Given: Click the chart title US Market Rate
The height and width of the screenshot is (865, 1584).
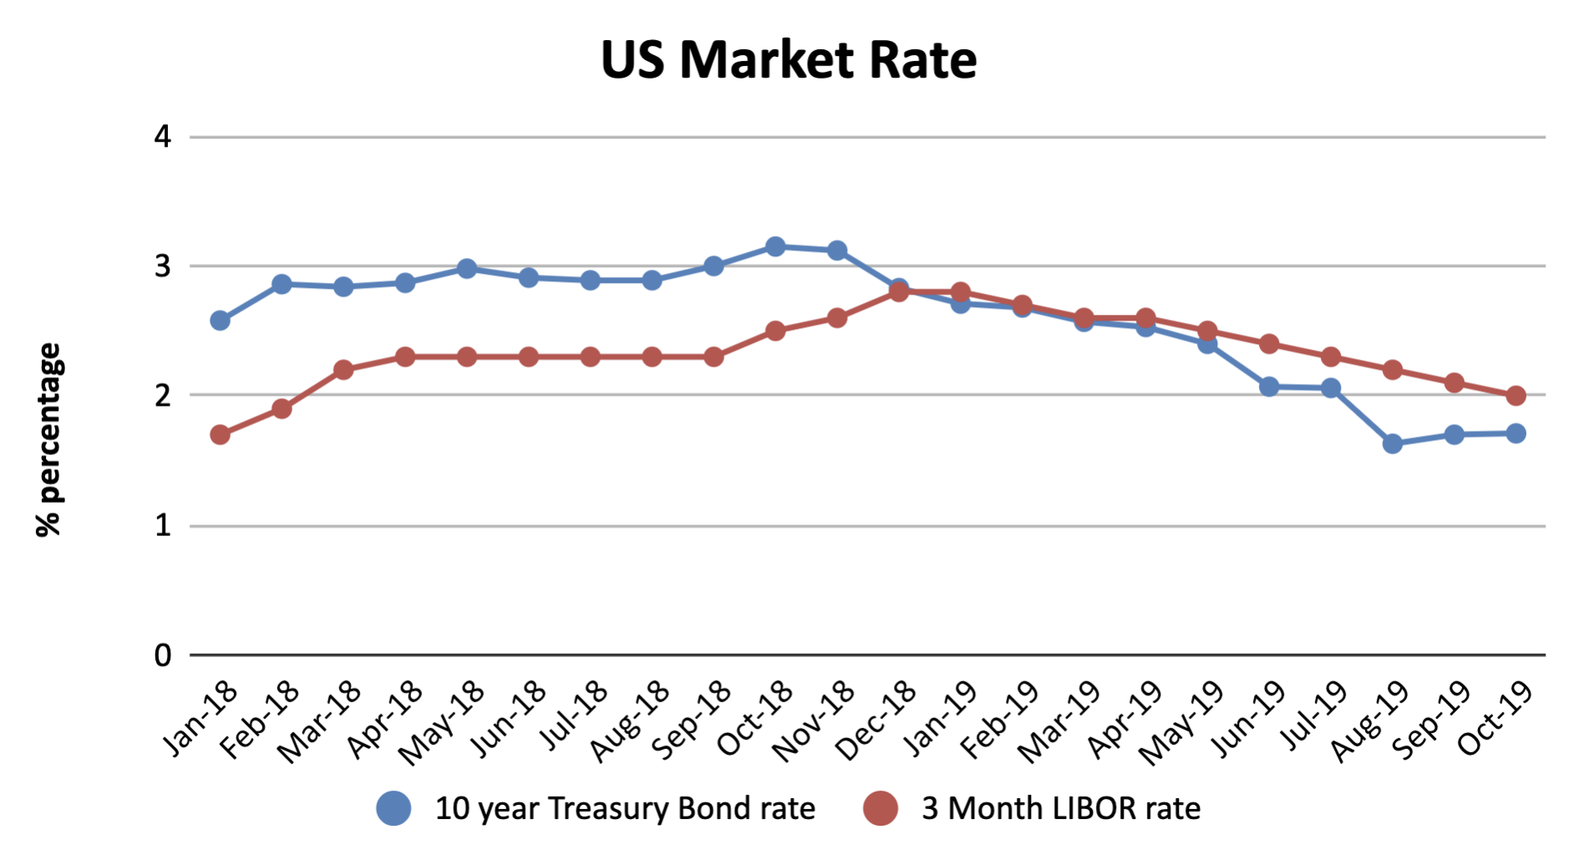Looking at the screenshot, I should [x=789, y=60].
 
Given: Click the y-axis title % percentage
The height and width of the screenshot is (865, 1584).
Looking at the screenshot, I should [x=48, y=439].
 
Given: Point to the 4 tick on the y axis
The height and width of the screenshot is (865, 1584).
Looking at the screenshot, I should [x=162, y=136].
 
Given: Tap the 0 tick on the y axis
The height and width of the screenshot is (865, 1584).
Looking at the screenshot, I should [x=162, y=655].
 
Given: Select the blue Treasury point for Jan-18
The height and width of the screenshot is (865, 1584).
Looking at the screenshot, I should [x=220, y=321].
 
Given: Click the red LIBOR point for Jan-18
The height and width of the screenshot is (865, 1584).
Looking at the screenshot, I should [x=220, y=435].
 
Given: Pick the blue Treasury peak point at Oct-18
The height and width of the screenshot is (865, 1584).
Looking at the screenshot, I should [x=775, y=246].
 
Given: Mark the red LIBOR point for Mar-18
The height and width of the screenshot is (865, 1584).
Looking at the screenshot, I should [x=343, y=370].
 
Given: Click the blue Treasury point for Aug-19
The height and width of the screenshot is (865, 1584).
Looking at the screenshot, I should [x=1393, y=444].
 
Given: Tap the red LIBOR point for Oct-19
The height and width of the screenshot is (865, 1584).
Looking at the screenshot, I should [x=1515, y=396].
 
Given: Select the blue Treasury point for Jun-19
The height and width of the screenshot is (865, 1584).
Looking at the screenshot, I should [x=1269, y=387].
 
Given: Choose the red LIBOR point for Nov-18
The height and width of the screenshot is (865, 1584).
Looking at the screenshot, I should [x=837, y=318].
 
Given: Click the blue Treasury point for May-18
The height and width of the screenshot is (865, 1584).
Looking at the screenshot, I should [x=467, y=269].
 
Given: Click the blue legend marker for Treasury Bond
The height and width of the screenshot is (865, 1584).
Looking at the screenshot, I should [x=393, y=808].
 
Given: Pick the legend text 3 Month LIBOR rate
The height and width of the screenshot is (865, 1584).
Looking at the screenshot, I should [x=1061, y=808].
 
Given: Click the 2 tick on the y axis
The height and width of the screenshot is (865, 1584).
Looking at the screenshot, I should [x=162, y=395].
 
